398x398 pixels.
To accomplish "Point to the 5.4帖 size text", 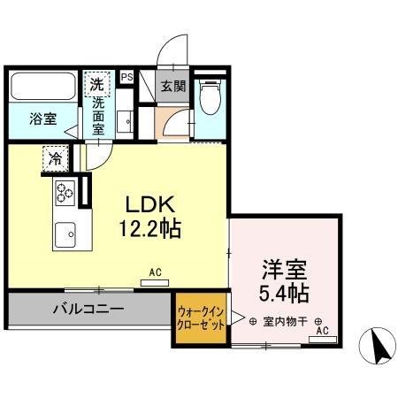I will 283,291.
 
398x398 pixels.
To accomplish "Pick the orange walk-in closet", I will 203,318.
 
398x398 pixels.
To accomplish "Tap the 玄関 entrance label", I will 172,87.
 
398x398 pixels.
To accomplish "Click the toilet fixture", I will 210,98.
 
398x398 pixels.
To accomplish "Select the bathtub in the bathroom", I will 44,88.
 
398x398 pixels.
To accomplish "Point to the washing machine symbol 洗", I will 96,86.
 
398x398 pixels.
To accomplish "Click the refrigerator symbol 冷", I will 56,160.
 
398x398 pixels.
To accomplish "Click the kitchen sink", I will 65,234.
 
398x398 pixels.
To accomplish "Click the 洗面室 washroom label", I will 99,116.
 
